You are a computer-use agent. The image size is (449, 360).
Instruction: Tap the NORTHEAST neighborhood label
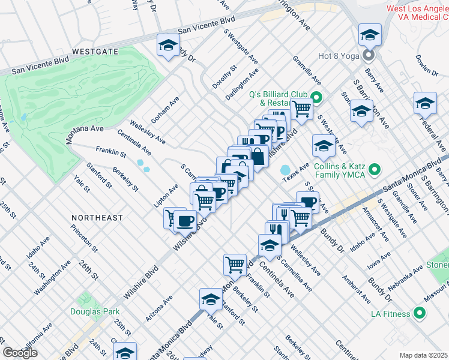coord(97,218)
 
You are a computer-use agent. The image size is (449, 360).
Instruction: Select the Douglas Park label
coord(95,311)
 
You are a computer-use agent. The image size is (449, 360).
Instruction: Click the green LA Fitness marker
coord(420,314)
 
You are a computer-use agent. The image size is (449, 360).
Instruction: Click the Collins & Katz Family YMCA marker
coord(376,170)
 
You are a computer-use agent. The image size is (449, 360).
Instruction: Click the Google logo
coord(20,353)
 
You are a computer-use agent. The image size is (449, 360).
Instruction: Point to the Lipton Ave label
coord(166,196)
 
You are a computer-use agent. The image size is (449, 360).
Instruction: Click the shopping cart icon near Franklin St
coord(235,264)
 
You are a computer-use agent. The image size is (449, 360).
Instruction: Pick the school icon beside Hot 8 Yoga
coord(370,34)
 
